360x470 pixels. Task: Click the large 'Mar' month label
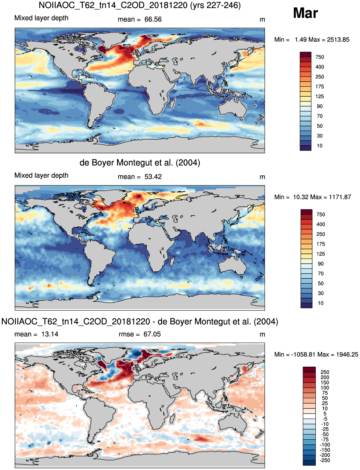point(305,13)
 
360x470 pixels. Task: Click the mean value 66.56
point(153,19)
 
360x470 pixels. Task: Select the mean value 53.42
point(153,177)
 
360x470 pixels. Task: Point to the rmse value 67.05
point(152,334)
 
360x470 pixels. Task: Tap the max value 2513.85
point(338,40)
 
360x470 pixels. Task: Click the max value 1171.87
point(340,197)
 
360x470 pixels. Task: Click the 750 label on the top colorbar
point(320,57)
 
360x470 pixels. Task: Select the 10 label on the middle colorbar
point(320,303)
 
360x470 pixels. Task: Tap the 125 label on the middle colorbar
point(320,254)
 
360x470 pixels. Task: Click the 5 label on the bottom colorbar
point(325,413)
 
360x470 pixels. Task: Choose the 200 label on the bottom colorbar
point(325,377)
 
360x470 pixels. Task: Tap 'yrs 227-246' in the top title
point(215,5)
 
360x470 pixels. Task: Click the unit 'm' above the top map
point(262,20)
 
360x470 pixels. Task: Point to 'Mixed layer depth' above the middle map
point(41,175)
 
